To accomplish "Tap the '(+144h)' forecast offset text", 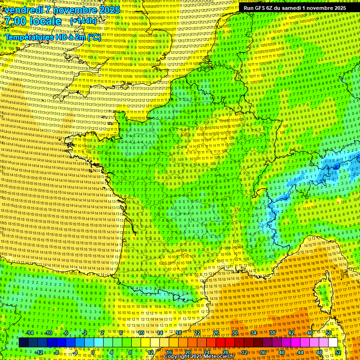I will tap(85, 21).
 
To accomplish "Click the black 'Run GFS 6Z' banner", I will tap(295, 8).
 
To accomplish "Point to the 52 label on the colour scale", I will tap(338, 352).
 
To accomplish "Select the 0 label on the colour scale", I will tap(93, 352).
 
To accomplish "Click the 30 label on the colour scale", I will tap(235, 333).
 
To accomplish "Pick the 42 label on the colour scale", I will tap(291, 333).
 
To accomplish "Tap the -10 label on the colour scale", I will tap(48, 333).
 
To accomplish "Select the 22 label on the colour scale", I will tap(197, 333).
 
